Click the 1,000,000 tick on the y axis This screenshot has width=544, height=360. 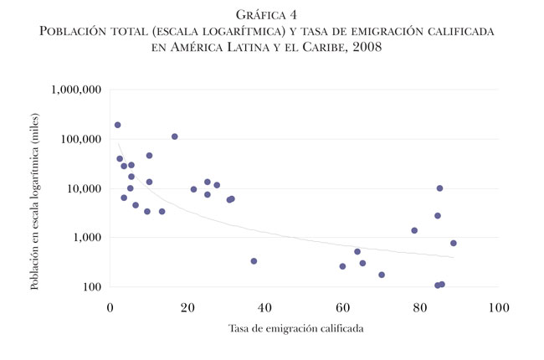76,90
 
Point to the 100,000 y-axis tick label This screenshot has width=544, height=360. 80,139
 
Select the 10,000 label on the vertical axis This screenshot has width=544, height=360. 84,188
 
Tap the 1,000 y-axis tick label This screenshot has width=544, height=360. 87,238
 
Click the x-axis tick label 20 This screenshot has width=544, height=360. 188,306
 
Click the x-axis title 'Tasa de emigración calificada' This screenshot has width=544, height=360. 296,328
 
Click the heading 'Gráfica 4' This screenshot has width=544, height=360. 272,14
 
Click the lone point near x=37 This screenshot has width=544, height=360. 254,261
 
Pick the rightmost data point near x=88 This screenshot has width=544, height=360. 454,244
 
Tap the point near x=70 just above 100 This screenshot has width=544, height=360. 382,275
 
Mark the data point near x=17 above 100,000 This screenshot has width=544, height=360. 175,136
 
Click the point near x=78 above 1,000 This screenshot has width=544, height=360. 414,230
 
